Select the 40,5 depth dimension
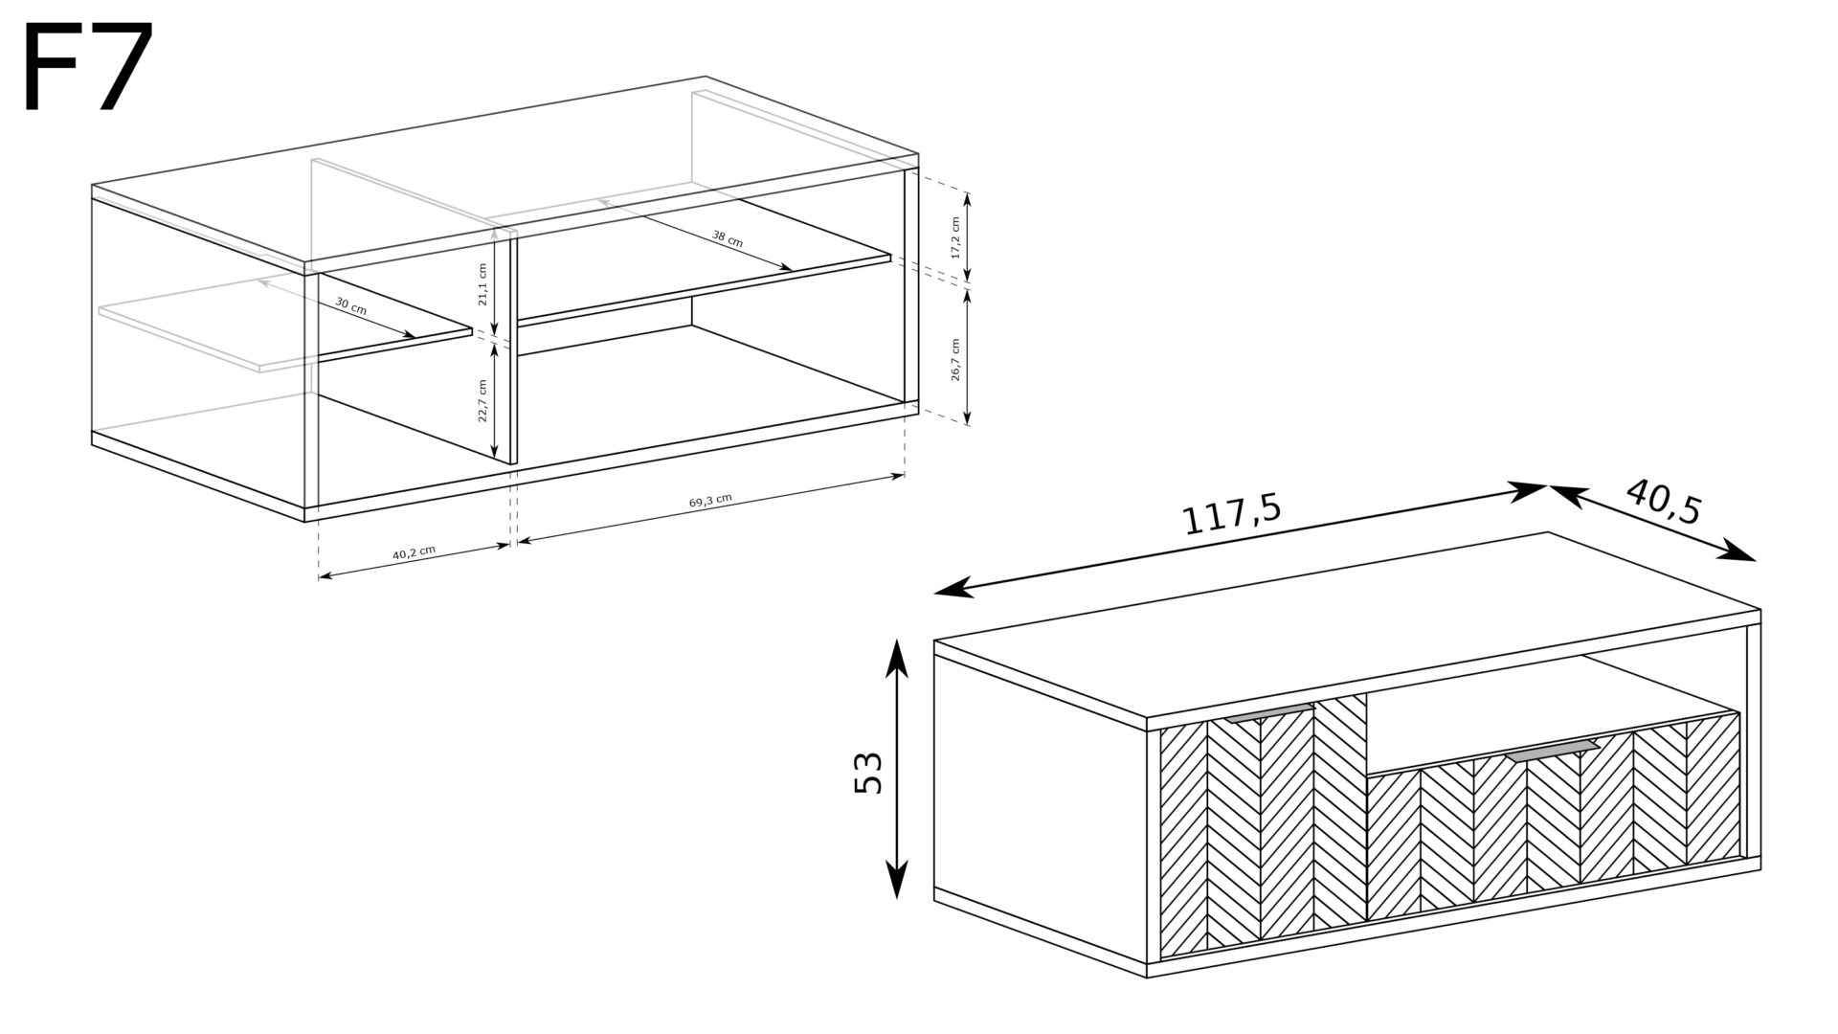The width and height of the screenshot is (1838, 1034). pos(1664,503)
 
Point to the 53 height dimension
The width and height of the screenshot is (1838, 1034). pos(866,772)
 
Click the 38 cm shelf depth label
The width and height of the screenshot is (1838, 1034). pos(728,238)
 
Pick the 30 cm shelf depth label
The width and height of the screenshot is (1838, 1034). pos(350,306)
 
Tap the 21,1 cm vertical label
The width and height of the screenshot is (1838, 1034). pos(482,283)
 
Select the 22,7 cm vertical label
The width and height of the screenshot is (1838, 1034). pos(482,400)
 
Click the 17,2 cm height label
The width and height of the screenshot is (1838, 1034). pos(954,237)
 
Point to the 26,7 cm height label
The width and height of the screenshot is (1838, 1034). pos(954,359)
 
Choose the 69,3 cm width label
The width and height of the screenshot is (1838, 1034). pos(710,501)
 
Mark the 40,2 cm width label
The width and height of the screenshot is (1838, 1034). pos(414,551)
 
